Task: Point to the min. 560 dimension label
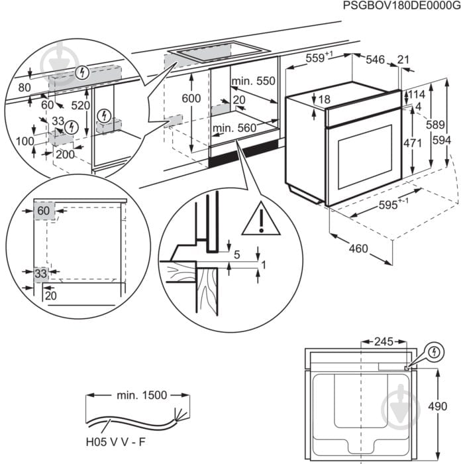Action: [x=234, y=128]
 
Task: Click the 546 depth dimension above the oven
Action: [x=376, y=60]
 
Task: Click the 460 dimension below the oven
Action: [x=358, y=249]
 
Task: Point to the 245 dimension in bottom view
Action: [x=383, y=342]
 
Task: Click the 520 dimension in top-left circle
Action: [x=81, y=105]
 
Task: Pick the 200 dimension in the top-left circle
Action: [x=64, y=154]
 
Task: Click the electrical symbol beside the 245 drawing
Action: [x=435, y=352]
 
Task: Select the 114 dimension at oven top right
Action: [x=415, y=94]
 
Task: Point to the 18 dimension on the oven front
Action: [x=323, y=99]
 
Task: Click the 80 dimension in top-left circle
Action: [x=25, y=87]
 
